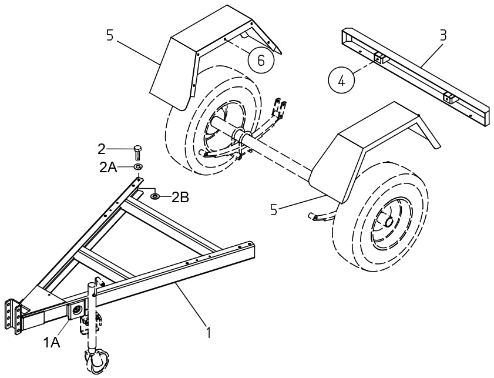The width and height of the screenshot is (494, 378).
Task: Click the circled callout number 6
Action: pyautogui.click(x=260, y=59)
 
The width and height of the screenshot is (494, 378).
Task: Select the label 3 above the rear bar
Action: pyautogui.click(x=443, y=35)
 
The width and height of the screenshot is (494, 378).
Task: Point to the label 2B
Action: pyautogui.click(x=180, y=197)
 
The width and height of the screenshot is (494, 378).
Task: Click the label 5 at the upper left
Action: pyautogui.click(x=109, y=35)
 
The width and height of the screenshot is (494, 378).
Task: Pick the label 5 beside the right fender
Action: pyautogui.click(x=274, y=209)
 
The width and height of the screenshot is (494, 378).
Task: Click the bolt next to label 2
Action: pyautogui.click(x=138, y=151)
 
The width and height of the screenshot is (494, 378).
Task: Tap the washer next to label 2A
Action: pyautogui.click(x=138, y=168)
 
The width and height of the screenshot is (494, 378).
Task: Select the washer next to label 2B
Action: pyautogui.click(x=155, y=196)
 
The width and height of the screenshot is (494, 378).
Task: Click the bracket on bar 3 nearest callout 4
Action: pyautogui.click(x=379, y=58)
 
